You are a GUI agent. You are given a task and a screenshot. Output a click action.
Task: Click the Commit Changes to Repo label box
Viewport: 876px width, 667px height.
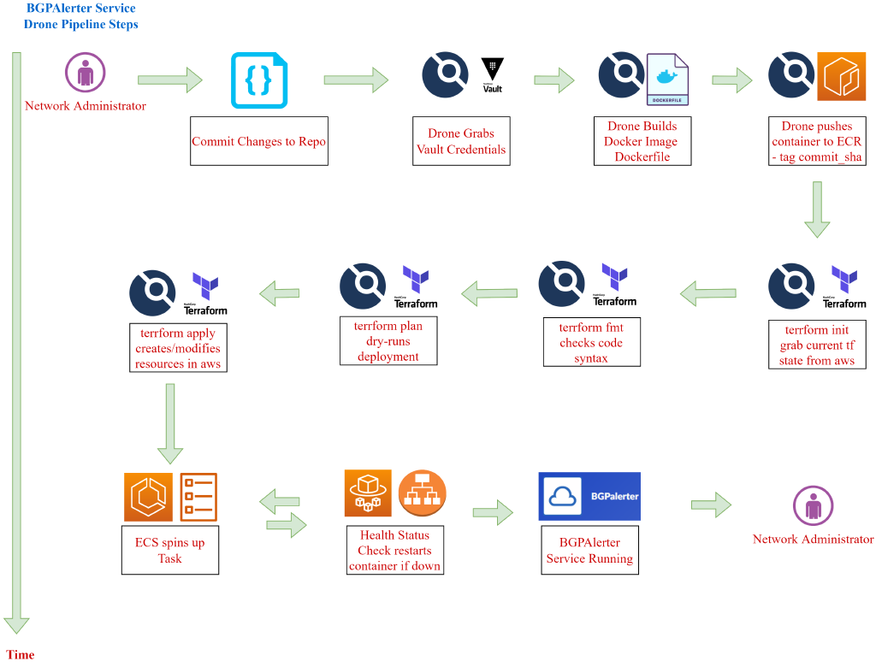tap(258, 141)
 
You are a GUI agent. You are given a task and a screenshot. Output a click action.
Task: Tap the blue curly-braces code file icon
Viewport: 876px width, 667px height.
tap(259, 80)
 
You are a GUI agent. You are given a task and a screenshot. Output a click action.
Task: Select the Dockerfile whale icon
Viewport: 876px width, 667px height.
tap(667, 80)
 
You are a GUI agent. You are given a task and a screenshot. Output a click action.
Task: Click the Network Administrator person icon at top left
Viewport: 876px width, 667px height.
tap(86, 74)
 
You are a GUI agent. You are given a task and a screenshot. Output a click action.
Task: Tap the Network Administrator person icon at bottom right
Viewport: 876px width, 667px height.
tap(813, 505)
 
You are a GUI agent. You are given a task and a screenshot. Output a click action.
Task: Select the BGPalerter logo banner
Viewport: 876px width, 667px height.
tap(589, 496)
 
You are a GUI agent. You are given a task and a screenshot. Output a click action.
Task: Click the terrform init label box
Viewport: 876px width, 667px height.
tap(816, 345)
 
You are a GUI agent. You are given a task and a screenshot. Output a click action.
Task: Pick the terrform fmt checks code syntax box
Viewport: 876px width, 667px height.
tap(591, 342)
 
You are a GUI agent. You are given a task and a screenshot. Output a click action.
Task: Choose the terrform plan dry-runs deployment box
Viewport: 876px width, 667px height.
tap(388, 340)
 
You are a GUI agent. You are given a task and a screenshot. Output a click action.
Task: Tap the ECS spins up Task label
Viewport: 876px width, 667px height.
tap(169, 550)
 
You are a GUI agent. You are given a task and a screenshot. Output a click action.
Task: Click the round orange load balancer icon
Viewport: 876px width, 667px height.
tap(422, 493)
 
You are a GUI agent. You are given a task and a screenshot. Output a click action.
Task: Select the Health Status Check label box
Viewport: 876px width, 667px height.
tap(394, 550)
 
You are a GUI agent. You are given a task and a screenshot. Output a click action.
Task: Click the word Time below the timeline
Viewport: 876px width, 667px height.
tap(21, 654)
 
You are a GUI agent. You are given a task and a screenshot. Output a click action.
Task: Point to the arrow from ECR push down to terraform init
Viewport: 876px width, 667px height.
tap(816, 210)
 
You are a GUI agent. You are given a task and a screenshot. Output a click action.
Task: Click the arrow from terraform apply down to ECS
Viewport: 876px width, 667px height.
tap(169, 423)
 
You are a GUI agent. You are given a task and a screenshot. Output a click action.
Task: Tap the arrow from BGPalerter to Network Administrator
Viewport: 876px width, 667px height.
tap(711, 505)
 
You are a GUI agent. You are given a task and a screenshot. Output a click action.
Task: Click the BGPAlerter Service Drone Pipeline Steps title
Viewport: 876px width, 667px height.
tap(80, 16)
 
